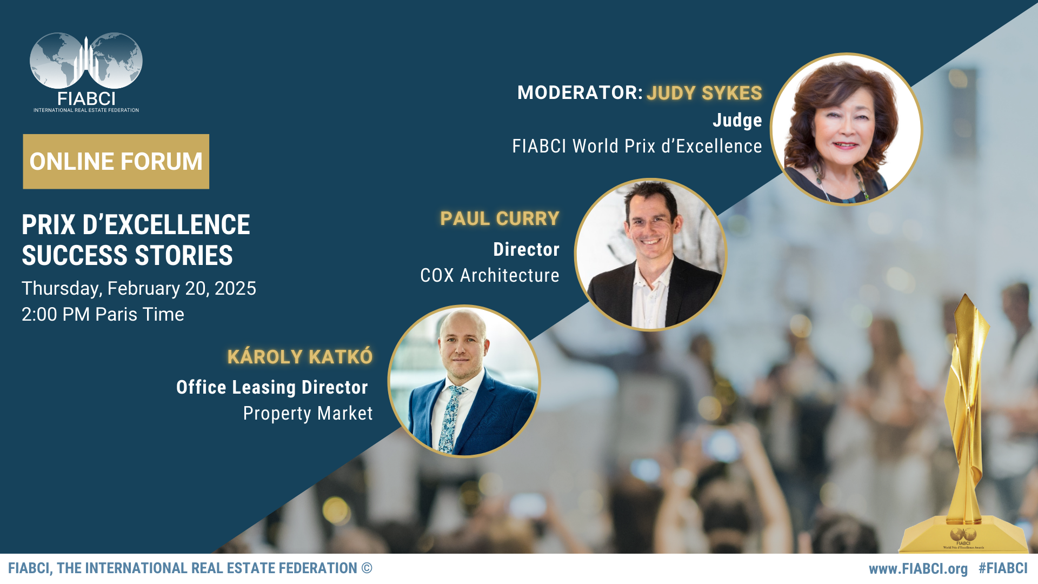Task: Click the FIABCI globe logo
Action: (x=86, y=72)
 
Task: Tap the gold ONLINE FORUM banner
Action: (x=116, y=162)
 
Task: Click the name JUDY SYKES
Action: (x=704, y=93)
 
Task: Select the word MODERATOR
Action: (x=577, y=92)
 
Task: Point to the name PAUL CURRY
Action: (x=500, y=218)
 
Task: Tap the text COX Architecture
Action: (x=490, y=275)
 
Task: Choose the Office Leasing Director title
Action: (x=272, y=387)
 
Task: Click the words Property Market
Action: (x=308, y=413)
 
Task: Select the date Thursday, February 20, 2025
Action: (x=139, y=289)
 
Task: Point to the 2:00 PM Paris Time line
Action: (x=103, y=314)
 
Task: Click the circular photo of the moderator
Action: (x=846, y=129)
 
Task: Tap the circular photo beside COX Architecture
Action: (x=650, y=254)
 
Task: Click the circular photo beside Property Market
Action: (x=464, y=381)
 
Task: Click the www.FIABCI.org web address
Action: (x=918, y=569)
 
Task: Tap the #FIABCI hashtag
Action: (x=1003, y=568)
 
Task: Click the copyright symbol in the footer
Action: (x=367, y=568)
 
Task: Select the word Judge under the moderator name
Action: (x=737, y=120)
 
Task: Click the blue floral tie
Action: (x=449, y=419)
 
